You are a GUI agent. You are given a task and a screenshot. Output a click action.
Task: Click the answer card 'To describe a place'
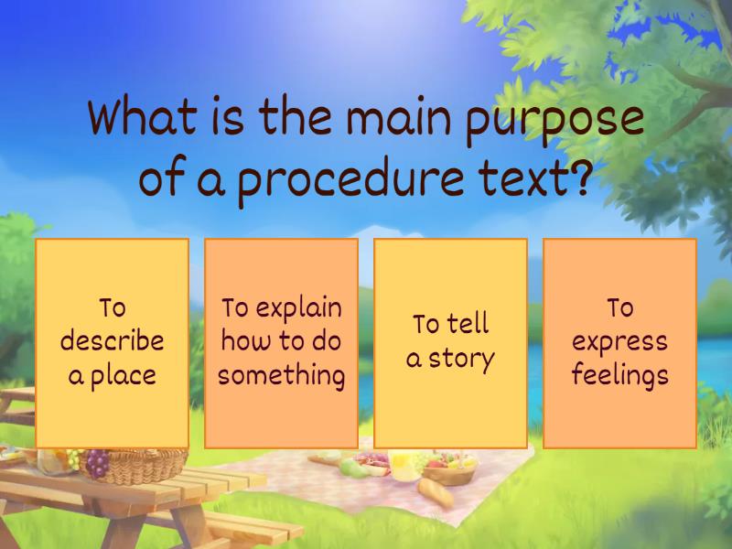coord(112,343)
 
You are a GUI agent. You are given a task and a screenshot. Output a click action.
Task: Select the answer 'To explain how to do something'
coord(281,343)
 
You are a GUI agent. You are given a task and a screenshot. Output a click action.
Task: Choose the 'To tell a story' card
coord(450,343)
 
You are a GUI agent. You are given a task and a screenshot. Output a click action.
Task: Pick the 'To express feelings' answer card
coord(619,343)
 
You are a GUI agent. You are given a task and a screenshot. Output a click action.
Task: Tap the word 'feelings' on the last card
coord(619,376)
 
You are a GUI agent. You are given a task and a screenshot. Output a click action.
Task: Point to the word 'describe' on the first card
coord(112,341)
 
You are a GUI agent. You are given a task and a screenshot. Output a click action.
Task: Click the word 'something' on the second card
coord(281,376)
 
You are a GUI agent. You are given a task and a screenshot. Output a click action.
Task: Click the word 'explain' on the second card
coord(298,308)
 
